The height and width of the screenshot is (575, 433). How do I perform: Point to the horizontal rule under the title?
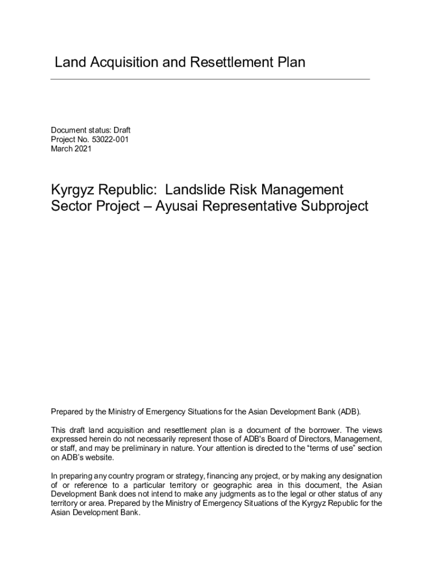click(210, 79)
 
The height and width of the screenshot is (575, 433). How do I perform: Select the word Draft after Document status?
click(122, 130)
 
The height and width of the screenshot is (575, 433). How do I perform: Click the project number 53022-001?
click(109, 140)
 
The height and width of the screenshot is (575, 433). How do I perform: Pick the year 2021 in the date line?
click(82, 149)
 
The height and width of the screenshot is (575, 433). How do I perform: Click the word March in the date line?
click(61, 149)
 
